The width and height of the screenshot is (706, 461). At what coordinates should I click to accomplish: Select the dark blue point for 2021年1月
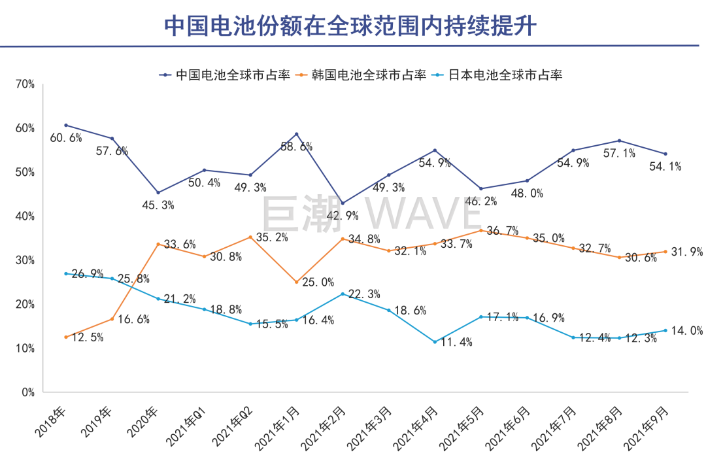(297, 134)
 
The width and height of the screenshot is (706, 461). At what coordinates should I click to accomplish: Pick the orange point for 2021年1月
(297, 282)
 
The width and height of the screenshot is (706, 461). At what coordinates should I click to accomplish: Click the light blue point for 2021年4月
(435, 342)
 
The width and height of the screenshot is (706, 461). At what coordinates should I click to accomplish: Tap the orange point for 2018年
(66, 337)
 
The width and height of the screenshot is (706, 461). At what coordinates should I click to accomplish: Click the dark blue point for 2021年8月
(619, 141)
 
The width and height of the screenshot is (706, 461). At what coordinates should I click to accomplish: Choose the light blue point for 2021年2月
(343, 294)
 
